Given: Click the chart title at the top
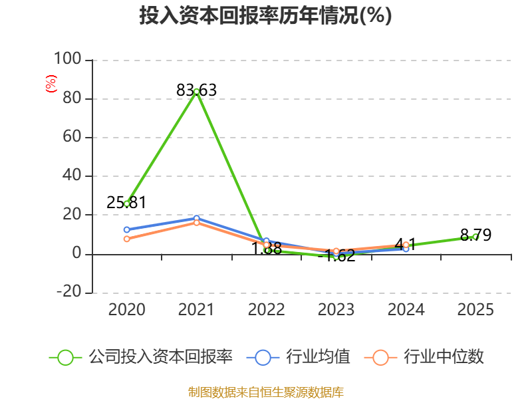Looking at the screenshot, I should tap(265, 16).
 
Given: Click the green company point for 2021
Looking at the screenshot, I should tap(196, 91).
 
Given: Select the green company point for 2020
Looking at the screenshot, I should tap(127, 203).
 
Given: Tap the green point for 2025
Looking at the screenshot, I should tap(475, 237).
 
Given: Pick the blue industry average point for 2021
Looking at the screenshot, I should tap(196, 218).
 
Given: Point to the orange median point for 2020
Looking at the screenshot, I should tap(127, 239).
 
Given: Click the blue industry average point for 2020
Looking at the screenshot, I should tap(127, 229).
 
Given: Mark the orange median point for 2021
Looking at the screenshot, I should tap(196, 223).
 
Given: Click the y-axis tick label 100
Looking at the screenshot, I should tap(67, 60).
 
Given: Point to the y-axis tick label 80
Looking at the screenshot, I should tap(71, 98).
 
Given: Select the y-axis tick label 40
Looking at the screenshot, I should tap(71, 176).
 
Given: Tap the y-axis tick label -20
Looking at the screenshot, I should tap(68, 293).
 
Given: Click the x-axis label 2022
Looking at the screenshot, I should tap(266, 309).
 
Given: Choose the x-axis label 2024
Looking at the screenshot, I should tap(406, 309).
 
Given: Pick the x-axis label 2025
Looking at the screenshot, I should tap(475, 309).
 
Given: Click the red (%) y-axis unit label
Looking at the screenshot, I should tap(51, 84).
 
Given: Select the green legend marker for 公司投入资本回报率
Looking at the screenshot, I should tap(65, 357).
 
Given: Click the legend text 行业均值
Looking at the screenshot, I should tap(318, 357).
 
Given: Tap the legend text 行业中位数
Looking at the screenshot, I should tap(444, 357).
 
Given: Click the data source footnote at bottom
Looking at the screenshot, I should tap(265, 392).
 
